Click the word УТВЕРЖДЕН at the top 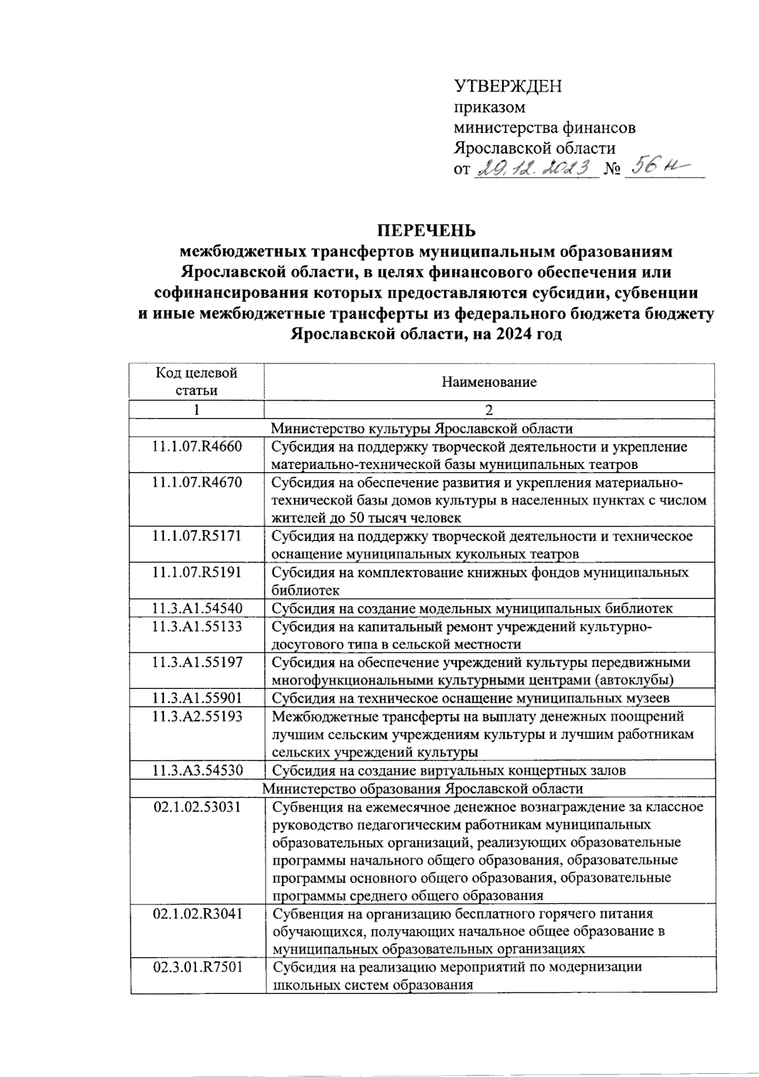tap(508, 86)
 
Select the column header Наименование tap(489, 382)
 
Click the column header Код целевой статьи tap(197, 381)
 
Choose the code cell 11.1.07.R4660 tap(197, 447)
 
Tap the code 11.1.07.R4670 tap(197, 483)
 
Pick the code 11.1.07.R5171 tap(197, 537)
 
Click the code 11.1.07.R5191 tap(197, 573)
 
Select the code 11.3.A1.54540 tap(197, 609)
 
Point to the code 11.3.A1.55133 tap(197, 627)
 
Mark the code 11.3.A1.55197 tap(197, 662)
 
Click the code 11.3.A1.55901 tap(197, 698)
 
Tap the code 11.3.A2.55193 tap(197, 717)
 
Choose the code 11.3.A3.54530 tap(197, 770)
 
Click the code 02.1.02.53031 tap(197, 807)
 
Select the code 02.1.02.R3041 tap(197, 914)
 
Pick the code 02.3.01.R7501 tap(197, 967)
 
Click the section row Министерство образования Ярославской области tap(423, 789)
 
